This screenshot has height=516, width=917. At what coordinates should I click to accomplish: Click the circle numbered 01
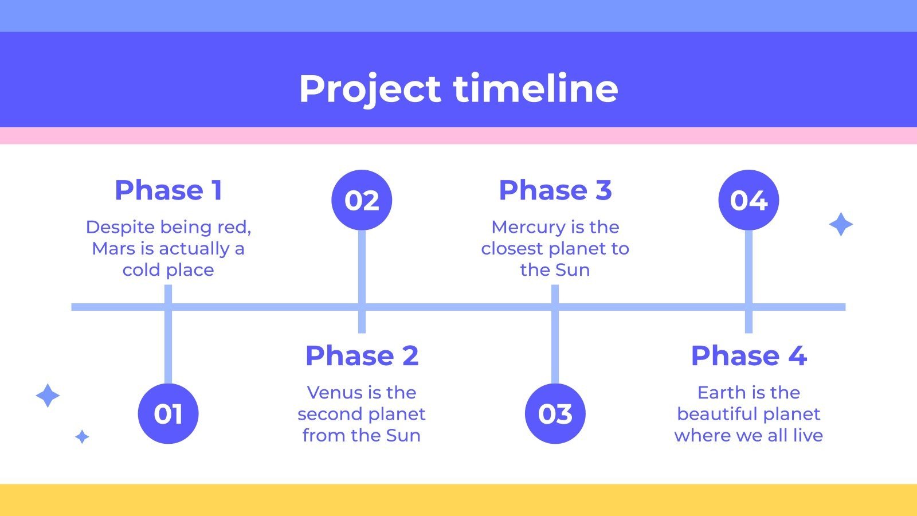[168, 413]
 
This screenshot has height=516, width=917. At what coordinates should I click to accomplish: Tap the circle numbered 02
[362, 200]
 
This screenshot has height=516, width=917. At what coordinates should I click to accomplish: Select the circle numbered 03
[555, 413]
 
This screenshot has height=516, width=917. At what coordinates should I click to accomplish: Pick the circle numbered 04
[749, 200]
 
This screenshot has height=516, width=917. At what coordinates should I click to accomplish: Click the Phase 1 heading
[168, 190]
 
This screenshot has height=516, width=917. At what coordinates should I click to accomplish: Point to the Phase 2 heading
[362, 355]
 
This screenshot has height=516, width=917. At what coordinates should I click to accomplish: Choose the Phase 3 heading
[555, 190]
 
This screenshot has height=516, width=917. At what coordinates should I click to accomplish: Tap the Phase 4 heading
[749, 355]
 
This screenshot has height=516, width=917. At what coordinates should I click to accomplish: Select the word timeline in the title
[535, 88]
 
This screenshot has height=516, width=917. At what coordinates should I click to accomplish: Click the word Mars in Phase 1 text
[108, 249]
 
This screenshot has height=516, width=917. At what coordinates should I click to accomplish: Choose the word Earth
[717, 393]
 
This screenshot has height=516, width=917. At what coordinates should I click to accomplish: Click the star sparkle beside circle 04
[841, 224]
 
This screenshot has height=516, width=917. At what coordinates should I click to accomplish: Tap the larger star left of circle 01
[48, 396]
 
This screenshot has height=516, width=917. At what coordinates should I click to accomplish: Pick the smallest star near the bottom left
[83, 437]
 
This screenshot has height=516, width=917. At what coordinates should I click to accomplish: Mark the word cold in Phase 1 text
[141, 270]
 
